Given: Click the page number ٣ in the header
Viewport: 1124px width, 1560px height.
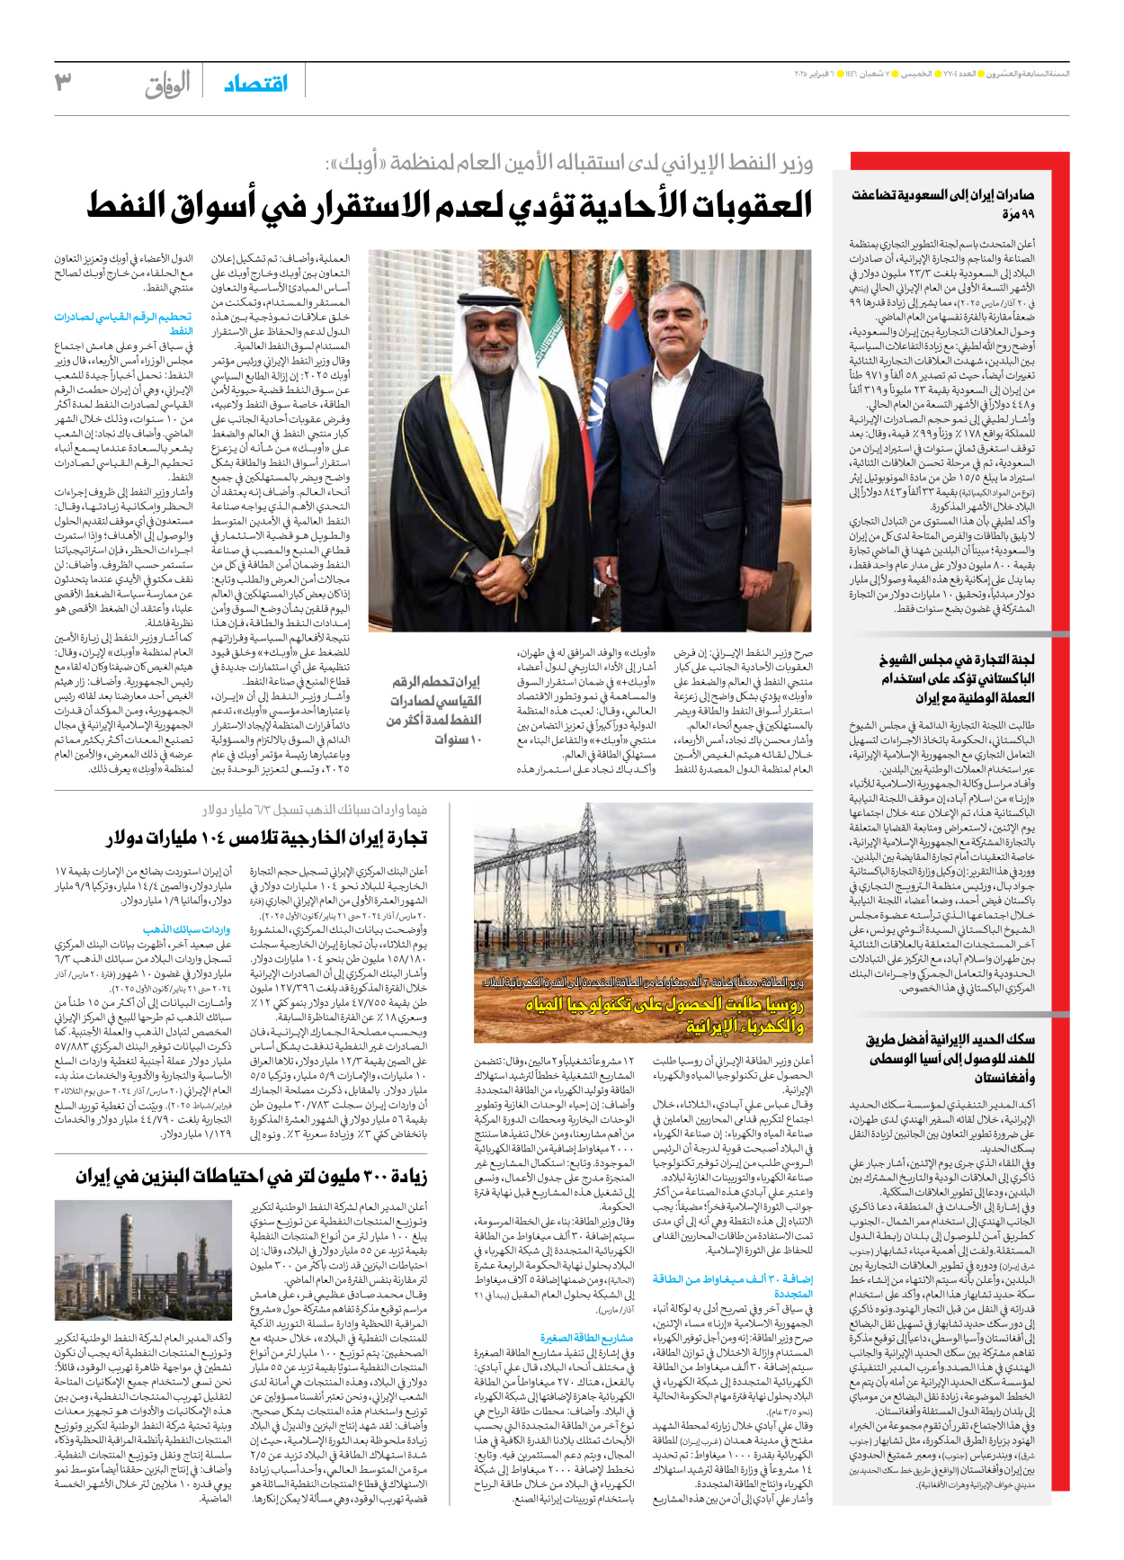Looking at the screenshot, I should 63,83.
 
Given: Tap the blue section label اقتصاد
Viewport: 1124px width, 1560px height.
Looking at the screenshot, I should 256,84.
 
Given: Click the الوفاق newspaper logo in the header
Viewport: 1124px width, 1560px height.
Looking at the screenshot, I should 168,85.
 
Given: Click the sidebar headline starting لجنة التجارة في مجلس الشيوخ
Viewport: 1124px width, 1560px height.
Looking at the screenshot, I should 957,678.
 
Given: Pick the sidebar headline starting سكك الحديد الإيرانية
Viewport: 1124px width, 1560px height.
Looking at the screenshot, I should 950,1058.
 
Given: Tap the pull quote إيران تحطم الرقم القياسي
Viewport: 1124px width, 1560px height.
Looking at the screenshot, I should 436,710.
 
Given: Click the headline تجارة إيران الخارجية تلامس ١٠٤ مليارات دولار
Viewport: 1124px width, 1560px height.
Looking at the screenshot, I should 267,838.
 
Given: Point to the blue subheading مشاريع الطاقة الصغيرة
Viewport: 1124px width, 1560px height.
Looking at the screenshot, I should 586,1338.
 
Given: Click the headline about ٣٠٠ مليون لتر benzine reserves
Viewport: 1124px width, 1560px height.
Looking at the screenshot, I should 252,1176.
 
